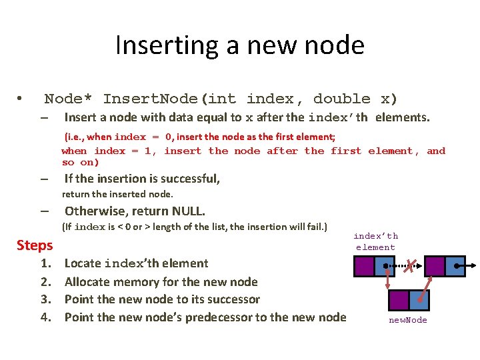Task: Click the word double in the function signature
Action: pyautogui.click(x=341, y=99)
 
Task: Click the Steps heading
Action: pyautogui.click(x=35, y=245)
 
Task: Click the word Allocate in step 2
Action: pyautogui.click(x=89, y=281)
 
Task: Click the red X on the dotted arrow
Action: pyautogui.click(x=413, y=266)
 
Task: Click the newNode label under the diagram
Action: pyautogui.click(x=408, y=321)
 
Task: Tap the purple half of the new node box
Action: pyautogui.click(x=399, y=299)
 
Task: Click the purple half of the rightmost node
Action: pyautogui.click(x=435, y=266)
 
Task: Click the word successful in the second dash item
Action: pyautogui.click(x=189, y=179)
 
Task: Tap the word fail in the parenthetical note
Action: pyautogui.click(x=313, y=227)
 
